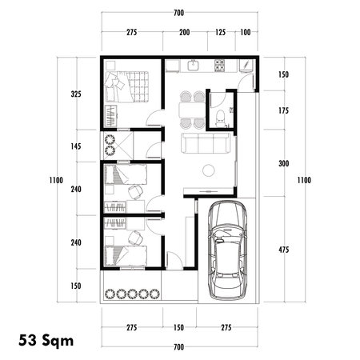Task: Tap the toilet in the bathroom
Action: click(x=221, y=118)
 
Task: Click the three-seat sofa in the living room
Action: click(x=207, y=145)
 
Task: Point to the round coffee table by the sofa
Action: click(x=209, y=170)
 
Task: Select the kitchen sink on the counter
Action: click(x=194, y=66)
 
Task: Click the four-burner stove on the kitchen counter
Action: click(x=218, y=66)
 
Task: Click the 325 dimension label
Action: click(x=77, y=94)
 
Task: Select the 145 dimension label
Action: click(x=77, y=146)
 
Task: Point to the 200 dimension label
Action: click(x=185, y=33)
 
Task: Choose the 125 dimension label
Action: click(x=221, y=33)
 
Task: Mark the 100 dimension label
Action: click(x=245, y=33)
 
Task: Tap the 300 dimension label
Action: click(x=282, y=164)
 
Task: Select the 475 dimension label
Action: click(x=282, y=249)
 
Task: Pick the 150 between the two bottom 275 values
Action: click(x=180, y=328)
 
